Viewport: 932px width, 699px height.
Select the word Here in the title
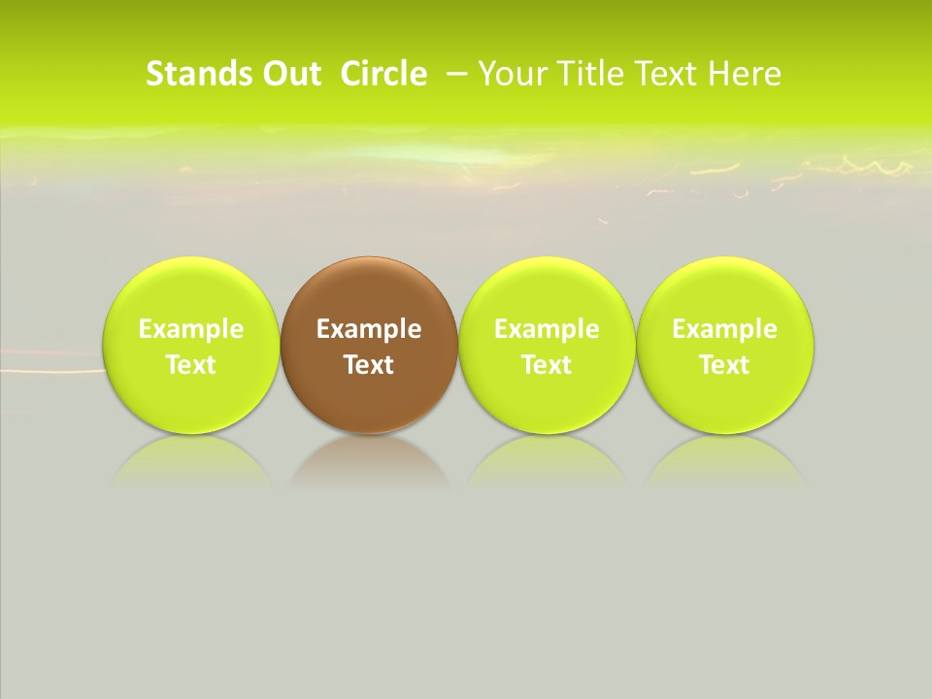(745, 74)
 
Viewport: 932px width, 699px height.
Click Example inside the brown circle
(369, 329)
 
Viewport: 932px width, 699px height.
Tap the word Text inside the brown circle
(369, 365)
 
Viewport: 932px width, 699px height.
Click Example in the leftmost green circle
(191, 329)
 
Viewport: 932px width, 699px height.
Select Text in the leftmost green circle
(191, 365)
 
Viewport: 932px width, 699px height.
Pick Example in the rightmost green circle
(724, 329)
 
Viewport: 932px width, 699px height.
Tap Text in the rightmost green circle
(724, 365)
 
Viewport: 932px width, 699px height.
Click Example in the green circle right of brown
(547, 329)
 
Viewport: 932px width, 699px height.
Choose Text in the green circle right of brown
(547, 365)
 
